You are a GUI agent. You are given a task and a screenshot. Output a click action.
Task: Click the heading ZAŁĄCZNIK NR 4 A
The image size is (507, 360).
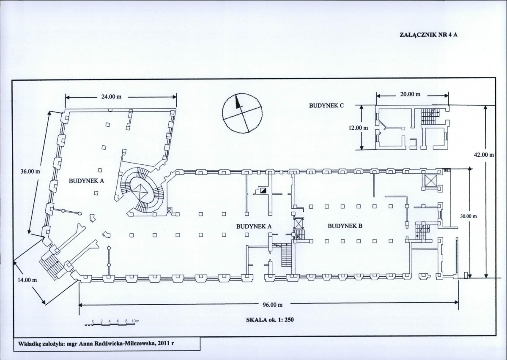coord(428,35)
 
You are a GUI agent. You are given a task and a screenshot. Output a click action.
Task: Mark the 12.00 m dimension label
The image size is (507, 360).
coord(358,128)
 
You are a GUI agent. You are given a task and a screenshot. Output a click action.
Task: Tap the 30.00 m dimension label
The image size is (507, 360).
coord(469,216)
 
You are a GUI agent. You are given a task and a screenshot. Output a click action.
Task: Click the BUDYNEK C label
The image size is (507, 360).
coord(326,105)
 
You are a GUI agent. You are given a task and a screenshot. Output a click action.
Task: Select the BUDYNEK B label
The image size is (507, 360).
coord(345,226)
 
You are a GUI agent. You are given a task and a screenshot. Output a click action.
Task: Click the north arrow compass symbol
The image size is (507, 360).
coord(242,112)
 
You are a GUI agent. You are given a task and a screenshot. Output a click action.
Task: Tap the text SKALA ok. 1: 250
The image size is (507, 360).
coord(270,320)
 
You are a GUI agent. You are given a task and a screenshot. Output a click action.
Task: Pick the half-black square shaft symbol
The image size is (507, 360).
coord(263,190)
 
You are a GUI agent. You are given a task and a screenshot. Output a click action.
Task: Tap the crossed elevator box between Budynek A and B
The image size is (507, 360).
coord(299,224)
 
